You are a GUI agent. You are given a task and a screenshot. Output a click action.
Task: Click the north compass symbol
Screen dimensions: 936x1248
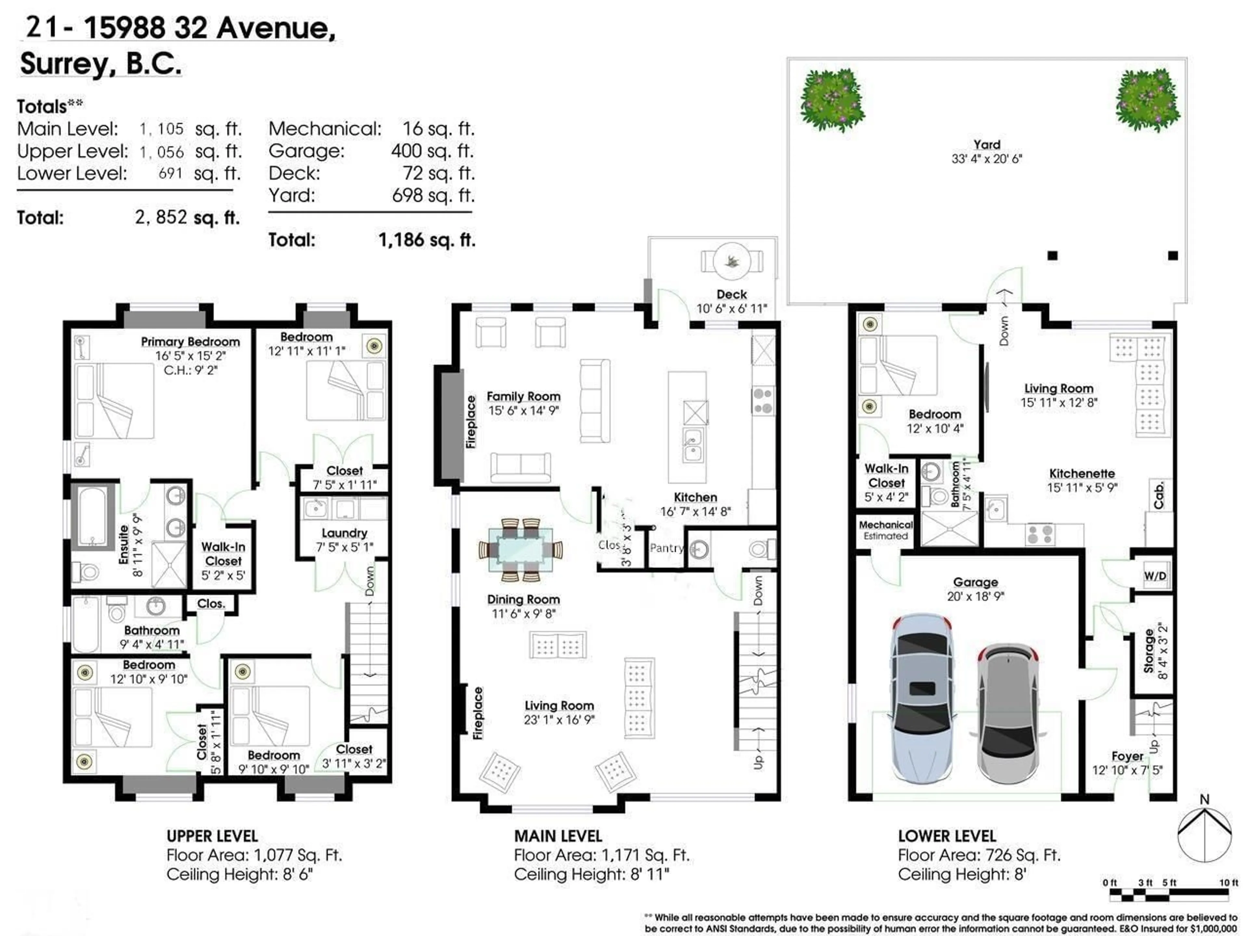pyautogui.click(x=1204, y=835)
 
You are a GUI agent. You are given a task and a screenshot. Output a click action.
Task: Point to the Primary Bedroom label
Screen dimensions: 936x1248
pyautogui.click(x=190, y=342)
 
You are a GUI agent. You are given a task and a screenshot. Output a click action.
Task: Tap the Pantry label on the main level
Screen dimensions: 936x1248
pyautogui.click(x=666, y=548)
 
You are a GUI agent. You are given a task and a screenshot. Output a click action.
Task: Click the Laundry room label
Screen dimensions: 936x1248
pyautogui.click(x=344, y=533)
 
